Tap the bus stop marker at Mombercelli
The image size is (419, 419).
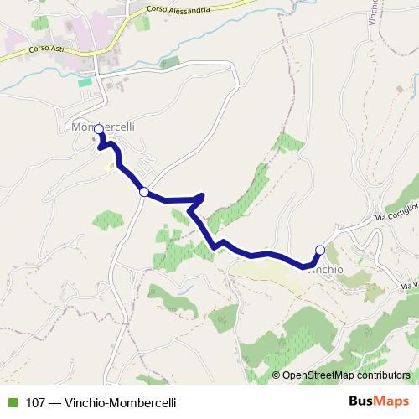[99, 129]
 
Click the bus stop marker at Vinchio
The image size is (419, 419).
[319, 249]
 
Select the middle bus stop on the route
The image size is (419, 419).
[144, 192]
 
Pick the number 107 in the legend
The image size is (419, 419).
[35, 402]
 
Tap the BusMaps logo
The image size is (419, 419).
[379, 401]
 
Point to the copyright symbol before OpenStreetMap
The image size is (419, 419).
[276, 375]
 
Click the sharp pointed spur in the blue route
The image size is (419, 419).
[202, 196]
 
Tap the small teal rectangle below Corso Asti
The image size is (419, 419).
[84, 82]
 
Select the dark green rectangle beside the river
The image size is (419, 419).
[170, 63]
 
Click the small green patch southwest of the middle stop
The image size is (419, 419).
[108, 220]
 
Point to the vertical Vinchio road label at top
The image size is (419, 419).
[373, 13]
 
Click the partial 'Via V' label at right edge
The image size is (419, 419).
[409, 287]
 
